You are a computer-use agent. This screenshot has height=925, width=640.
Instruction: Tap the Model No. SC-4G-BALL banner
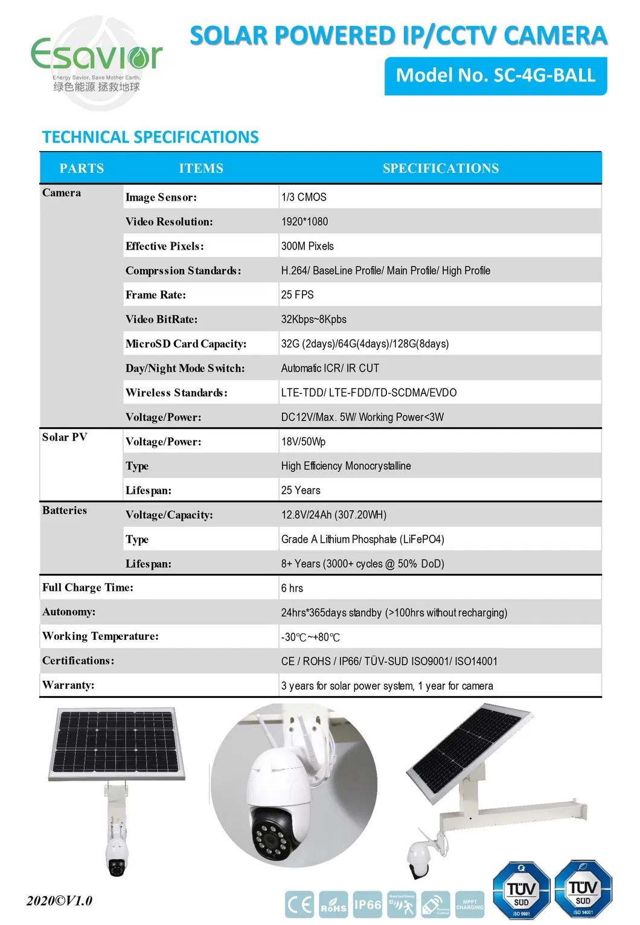tap(495, 76)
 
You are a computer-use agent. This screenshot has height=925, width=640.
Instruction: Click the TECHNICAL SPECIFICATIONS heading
tap(150, 137)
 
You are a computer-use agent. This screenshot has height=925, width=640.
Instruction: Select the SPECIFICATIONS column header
tap(440, 169)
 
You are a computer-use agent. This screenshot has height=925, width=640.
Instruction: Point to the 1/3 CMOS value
tap(304, 198)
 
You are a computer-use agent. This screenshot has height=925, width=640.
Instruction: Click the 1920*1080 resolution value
tap(304, 222)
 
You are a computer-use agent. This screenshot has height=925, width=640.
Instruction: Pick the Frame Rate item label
tap(156, 295)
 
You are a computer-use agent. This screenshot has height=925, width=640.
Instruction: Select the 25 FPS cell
tap(297, 295)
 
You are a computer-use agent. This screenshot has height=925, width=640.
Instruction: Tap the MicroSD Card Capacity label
tap(186, 344)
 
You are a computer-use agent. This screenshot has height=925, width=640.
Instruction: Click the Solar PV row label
tap(65, 437)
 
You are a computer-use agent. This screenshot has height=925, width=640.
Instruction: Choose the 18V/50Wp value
tap(303, 442)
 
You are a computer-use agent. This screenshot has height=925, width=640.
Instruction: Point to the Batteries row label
tap(65, 511)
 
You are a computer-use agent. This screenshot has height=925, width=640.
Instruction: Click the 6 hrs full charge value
tap(292, 588)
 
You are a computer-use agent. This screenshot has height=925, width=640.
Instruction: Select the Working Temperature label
tap(100, 636)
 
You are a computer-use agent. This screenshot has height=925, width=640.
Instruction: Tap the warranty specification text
tap(386, 686)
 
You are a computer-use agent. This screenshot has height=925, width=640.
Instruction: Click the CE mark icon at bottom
tap(299, 904)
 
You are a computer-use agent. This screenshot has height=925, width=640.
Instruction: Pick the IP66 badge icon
tap(367, 904)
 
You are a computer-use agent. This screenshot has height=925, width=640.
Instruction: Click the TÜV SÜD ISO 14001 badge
tap(583, 889)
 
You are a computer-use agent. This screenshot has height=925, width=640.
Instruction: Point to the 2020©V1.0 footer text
tap(59, 901)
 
